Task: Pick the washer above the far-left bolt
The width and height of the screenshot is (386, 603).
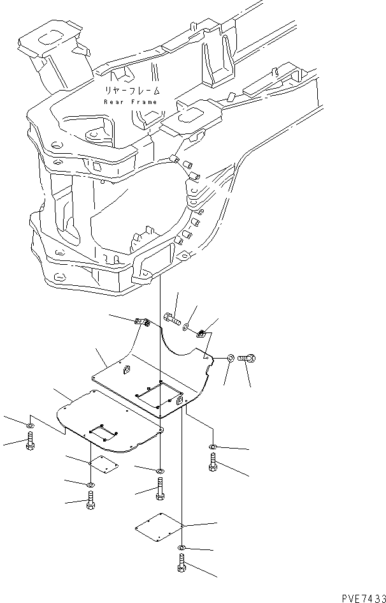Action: pos(30,425)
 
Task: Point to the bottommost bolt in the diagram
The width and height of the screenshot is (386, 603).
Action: pos(183,564)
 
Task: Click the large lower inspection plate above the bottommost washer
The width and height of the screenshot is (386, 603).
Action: pos(159,526)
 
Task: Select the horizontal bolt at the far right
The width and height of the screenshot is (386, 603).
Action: pos(247,359)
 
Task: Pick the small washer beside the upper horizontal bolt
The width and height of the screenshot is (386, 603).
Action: pos(185,327)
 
